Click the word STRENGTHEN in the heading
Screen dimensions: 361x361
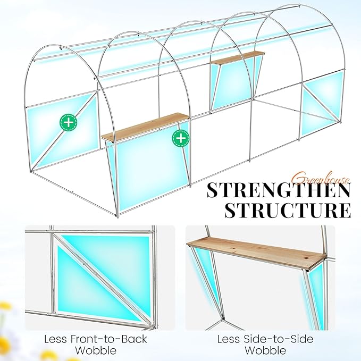[279, 190]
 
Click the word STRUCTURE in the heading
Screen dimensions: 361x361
[288, 210]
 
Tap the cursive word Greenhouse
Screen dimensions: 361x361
[322, 178]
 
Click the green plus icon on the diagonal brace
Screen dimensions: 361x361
[69, 122]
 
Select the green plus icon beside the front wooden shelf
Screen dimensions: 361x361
[181, 138]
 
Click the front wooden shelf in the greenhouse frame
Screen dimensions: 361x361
[146, 127]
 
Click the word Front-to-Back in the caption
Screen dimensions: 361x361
[108, 339]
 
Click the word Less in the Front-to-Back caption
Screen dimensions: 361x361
[55, 339]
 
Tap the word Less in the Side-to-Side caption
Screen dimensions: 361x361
[229, 339]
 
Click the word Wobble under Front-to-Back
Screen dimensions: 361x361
[96, 350]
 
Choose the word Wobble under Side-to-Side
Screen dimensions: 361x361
[265, 350]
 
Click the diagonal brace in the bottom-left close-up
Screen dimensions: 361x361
[104, 279]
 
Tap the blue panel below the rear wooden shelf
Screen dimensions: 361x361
[233, 84]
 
